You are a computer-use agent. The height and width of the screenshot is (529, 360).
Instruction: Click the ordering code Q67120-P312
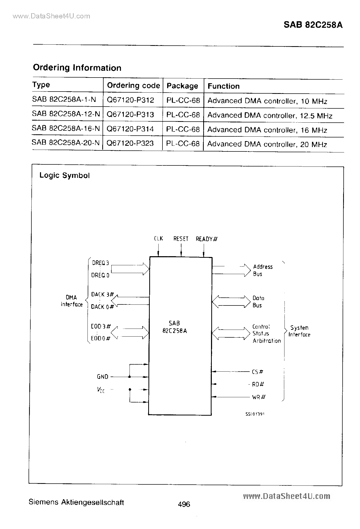point(130,100)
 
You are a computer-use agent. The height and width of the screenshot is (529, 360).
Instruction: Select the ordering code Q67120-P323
point(130,143)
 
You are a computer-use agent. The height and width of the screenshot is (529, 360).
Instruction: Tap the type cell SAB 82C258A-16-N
point(66,129)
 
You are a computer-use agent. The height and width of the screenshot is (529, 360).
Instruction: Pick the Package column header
point(182,86)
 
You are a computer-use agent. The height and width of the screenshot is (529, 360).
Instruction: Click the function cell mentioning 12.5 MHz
point(270,115)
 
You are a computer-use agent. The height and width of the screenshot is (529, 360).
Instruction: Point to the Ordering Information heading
point(77,68)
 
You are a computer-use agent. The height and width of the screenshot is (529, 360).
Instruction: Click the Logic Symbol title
point(64,176)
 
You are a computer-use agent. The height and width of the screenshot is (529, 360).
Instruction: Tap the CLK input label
point(158,239)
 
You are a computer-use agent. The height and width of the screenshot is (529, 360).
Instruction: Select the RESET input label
point(181,239)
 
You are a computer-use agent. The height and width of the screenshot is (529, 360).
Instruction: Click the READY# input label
point(206,239)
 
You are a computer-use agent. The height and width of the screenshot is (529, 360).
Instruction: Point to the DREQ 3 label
point(100,263)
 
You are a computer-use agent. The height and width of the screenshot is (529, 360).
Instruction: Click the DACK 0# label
point(102,307)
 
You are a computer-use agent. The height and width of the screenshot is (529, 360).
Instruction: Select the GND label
point(103,377)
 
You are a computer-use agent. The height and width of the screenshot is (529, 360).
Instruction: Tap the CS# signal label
point(257,372)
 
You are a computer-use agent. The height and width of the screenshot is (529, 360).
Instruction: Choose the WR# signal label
point(259,397)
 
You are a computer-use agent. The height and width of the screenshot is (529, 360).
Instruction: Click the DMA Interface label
point(71,301)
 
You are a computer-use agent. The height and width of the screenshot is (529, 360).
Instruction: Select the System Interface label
point(299,331)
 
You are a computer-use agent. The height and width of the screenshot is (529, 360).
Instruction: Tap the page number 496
point(184,504)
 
